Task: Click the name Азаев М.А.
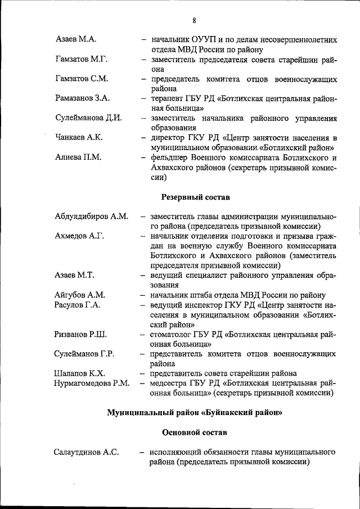(76, 39)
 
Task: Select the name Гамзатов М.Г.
(82, 59)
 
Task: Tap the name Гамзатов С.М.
(82, 79)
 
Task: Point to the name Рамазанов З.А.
(82, 98)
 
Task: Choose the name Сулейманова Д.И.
(89, 118)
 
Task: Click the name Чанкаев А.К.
(79, 138)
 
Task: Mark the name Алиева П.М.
(78, 157)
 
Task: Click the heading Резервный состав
(195, 197)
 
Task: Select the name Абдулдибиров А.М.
(91, 216)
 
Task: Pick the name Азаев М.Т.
(74, 275)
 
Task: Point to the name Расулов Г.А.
(78, 305)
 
